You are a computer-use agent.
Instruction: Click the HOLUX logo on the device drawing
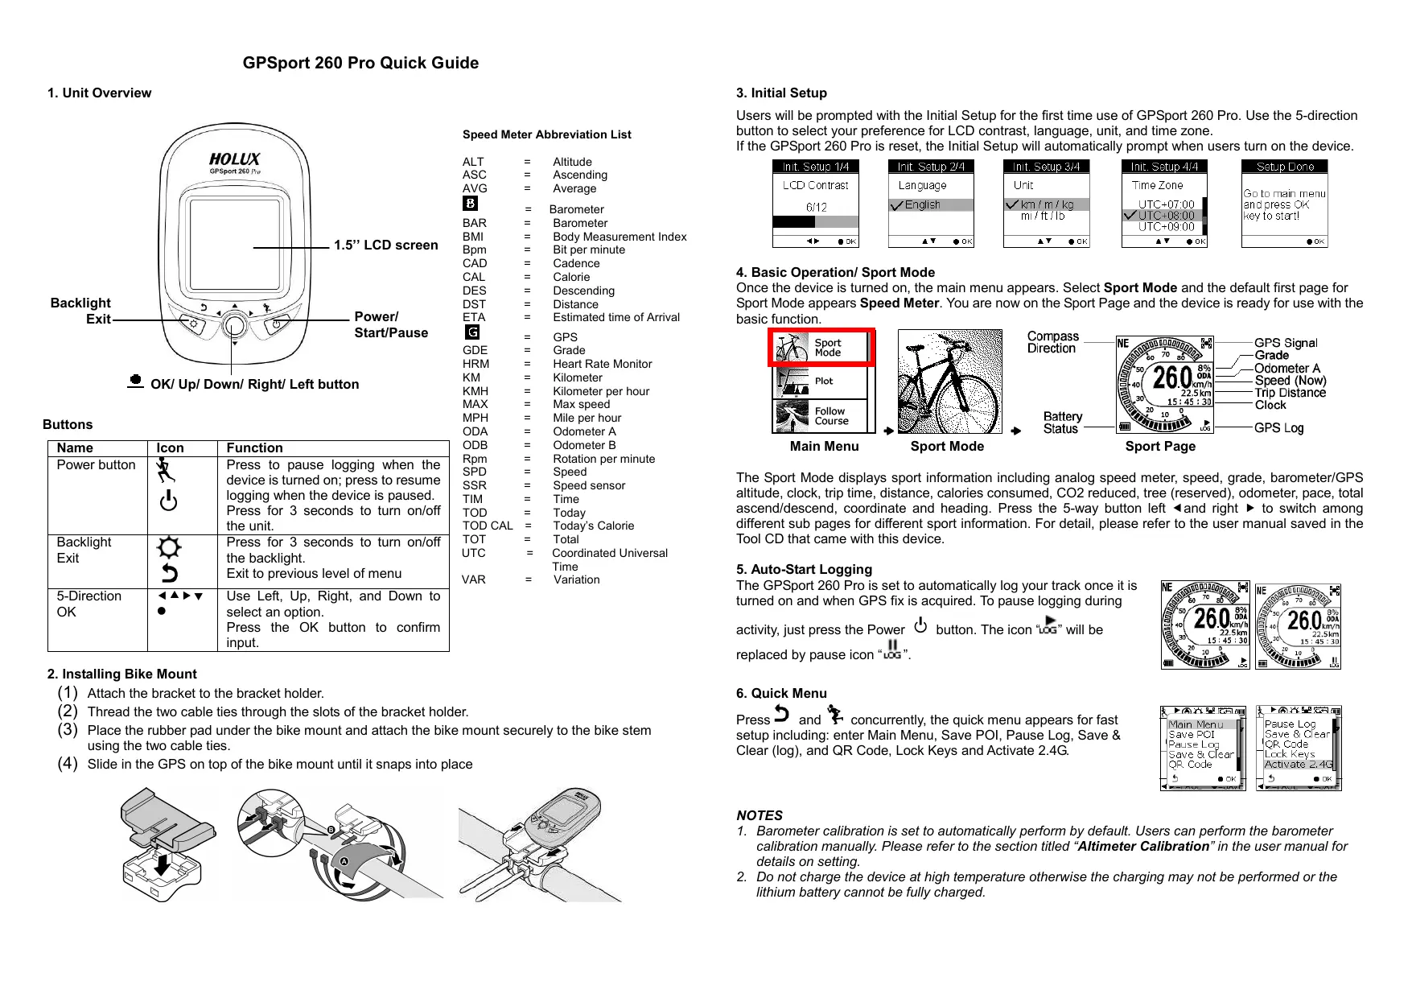coord(234,159)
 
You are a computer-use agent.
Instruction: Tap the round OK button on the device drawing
coord(234,325)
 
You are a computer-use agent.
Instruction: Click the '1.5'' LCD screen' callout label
coord(385,245)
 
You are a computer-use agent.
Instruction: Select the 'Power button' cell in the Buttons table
coord(96,465)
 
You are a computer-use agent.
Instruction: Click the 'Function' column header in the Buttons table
coord(254,448)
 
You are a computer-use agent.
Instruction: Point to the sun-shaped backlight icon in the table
coord(169,548)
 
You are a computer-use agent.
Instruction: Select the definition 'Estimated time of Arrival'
coord(615,317)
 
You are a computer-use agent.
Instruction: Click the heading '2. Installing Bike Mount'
coord(121,674)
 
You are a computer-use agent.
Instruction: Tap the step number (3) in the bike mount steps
coord(68,730)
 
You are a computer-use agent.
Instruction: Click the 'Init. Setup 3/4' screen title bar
coord(1046,167)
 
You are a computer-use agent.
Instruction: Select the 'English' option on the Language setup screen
coord(922,205)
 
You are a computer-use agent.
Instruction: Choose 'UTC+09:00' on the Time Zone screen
coord(1166,227)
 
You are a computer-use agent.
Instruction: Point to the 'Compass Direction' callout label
coord(1052,342)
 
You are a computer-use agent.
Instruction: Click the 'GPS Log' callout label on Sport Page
coord(1278,428)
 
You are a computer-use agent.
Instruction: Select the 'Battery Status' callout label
coord(1062,423)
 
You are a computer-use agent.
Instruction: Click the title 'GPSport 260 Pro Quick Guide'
coord(360,64)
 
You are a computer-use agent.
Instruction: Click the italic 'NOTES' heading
coord(759,815)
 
